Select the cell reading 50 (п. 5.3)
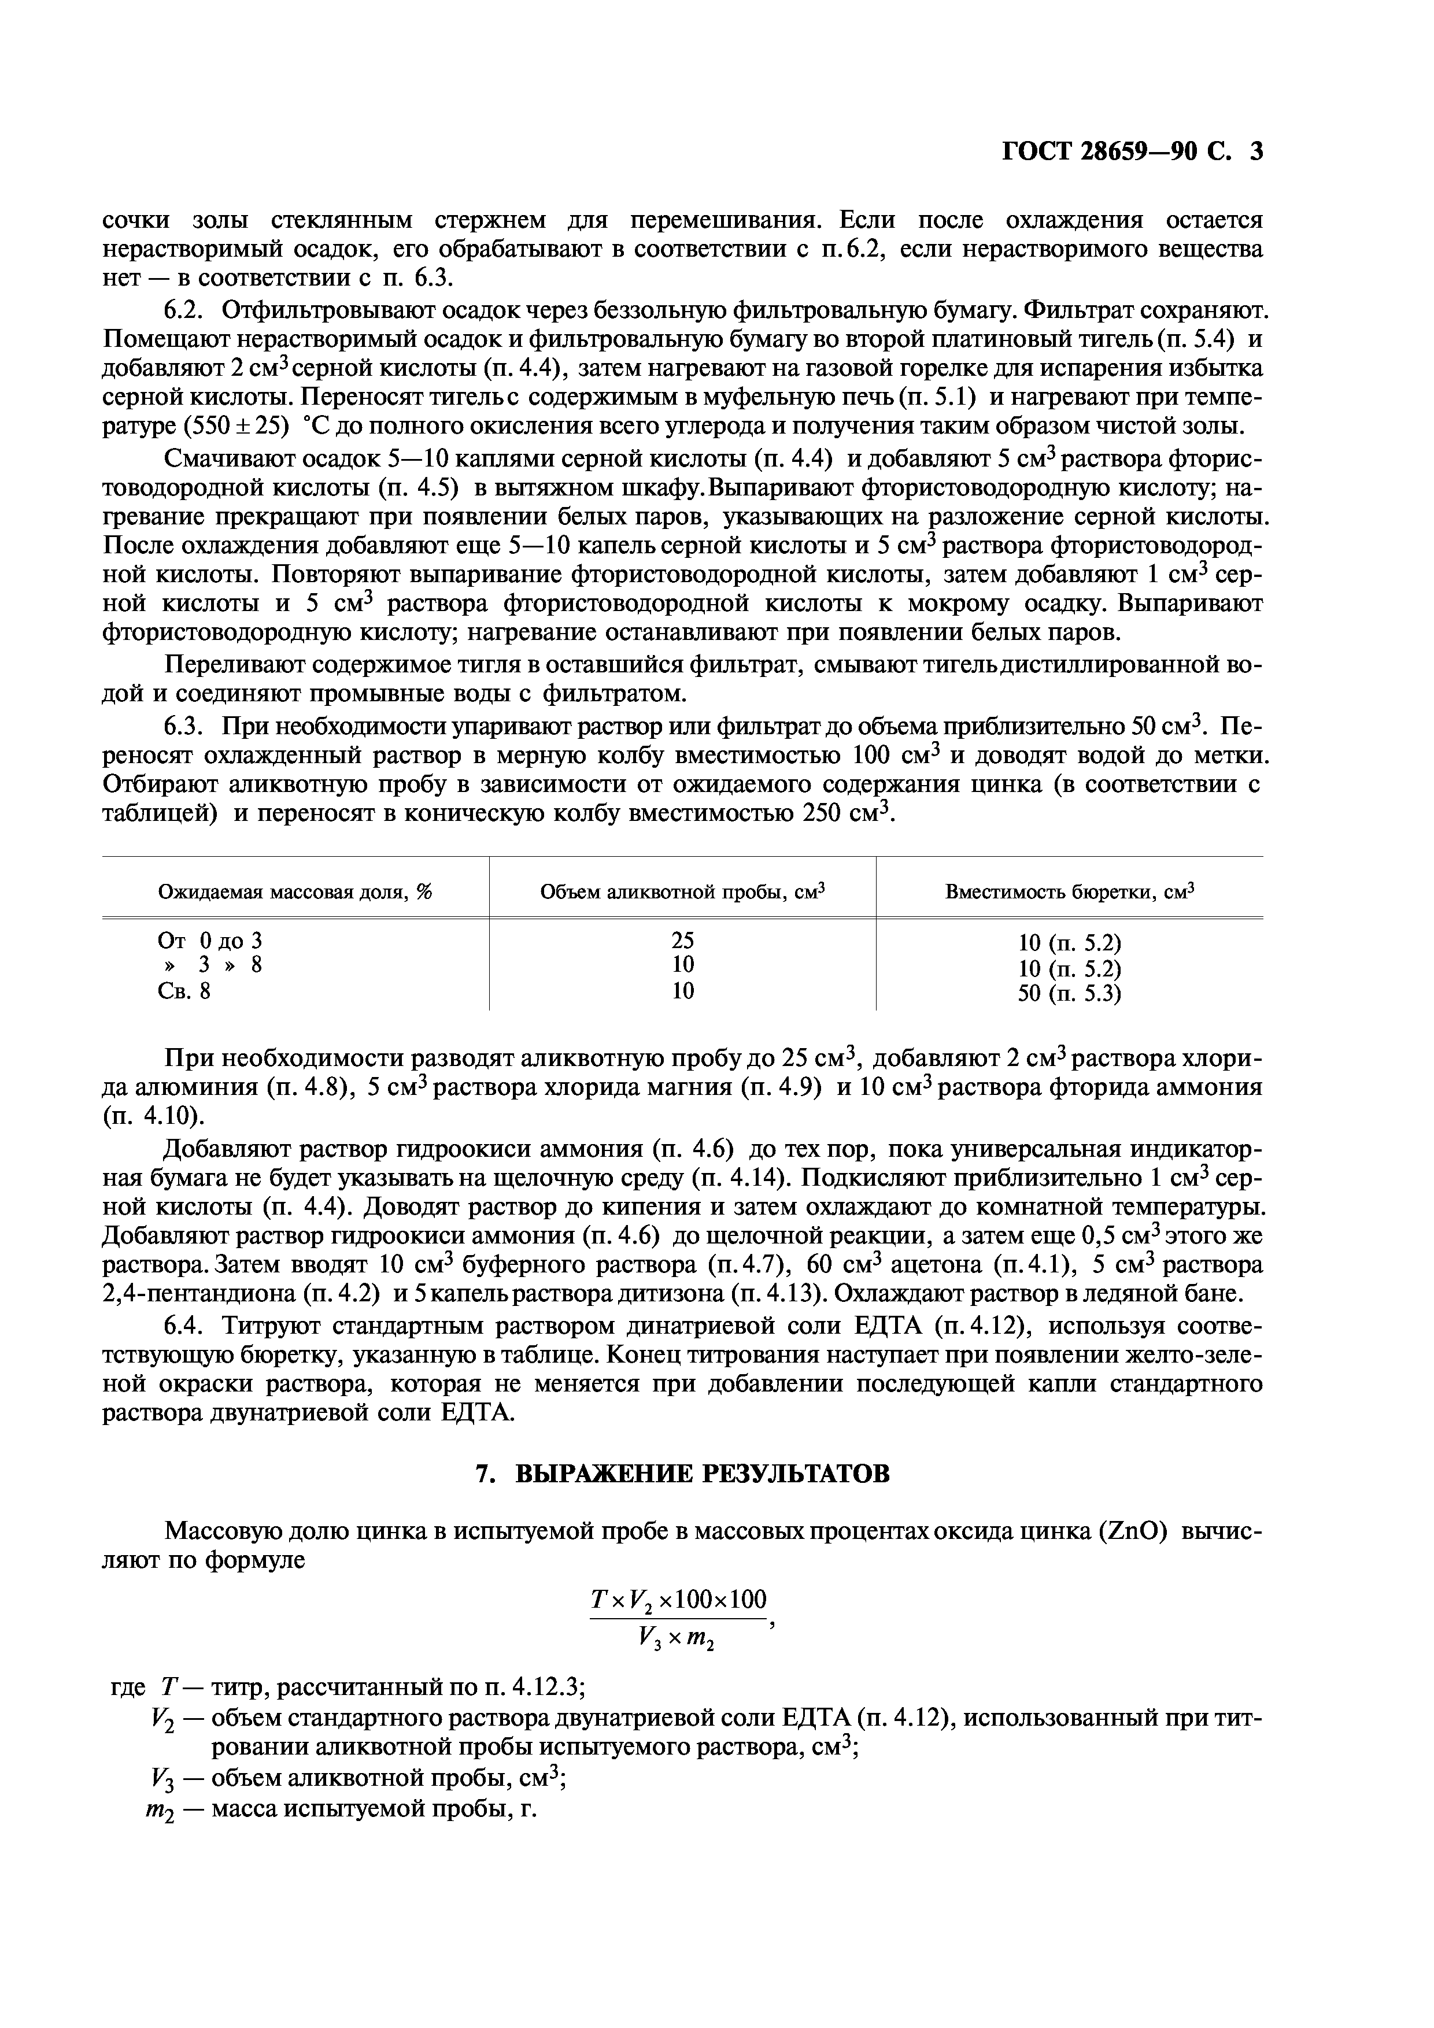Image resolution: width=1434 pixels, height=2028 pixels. pyautogui.click(x=1069, y=994)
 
